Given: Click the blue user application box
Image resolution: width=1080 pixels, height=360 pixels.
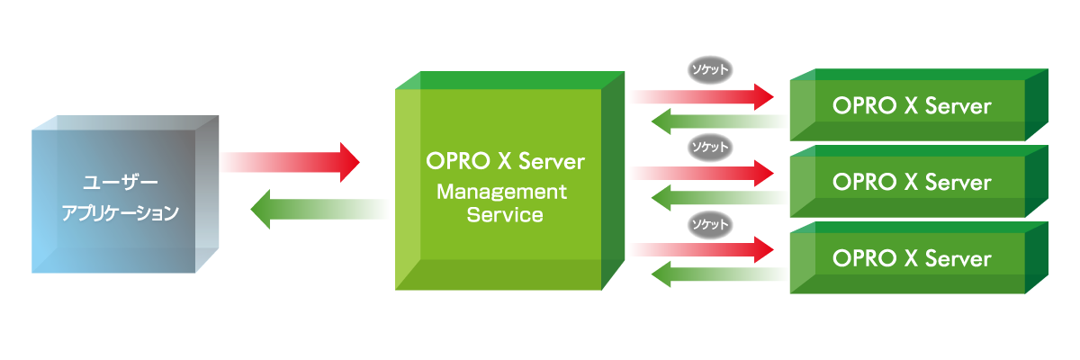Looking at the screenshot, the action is (125, 194).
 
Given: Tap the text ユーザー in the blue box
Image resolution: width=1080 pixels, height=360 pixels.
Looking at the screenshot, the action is (120, 183).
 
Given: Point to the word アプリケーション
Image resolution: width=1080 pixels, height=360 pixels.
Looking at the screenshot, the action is (120, 212).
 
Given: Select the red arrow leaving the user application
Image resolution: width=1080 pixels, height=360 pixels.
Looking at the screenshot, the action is (290, 162).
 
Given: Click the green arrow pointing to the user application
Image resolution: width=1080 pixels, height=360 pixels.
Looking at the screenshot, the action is (319, 209).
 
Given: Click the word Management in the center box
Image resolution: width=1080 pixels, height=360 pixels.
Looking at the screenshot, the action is (501, 192).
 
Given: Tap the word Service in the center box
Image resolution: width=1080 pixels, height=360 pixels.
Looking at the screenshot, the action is (505, 215).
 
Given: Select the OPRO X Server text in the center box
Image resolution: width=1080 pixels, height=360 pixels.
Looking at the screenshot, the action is (505, 161).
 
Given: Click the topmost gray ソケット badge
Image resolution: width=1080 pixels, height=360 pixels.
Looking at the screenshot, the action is (710, 70).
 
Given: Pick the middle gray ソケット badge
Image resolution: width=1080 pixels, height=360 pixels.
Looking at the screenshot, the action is (710, 147).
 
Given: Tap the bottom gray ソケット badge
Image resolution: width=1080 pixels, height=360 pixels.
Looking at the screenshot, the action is (710, 224).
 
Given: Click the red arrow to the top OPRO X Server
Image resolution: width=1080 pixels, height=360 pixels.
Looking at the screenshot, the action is (702, 96).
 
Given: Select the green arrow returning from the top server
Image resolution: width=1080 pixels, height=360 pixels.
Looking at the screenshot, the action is (719, 121).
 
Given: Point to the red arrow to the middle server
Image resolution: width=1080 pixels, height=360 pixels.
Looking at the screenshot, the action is (702, 173).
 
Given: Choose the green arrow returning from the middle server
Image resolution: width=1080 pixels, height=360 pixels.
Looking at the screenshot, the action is (719, 198).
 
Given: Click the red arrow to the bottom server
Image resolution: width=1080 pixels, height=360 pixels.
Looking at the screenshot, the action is (702, 249).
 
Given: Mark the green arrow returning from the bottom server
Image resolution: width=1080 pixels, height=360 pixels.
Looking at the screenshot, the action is (719, 274).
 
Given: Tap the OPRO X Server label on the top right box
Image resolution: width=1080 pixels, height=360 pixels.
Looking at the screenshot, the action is (912, 105).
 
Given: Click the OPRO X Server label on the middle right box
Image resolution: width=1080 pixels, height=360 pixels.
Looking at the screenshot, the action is (912, 182).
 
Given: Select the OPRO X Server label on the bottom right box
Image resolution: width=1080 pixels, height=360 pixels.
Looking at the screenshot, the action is (912, 259).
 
